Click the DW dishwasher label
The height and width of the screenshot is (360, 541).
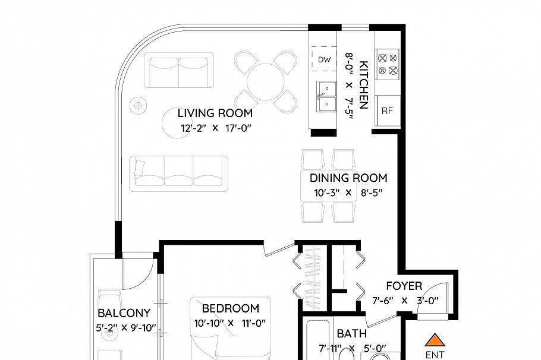tap(324, 59)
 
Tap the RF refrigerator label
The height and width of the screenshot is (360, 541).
tap(387, 111)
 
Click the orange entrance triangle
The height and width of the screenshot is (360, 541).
tap(435, 340)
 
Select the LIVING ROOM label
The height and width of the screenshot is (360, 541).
tap(215, 113)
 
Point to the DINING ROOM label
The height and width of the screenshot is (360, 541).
tap(348, 178)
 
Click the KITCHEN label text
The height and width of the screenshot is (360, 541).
tap(364, 85)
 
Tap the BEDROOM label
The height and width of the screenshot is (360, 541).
tap(231, 308)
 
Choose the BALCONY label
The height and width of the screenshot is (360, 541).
tap(124, 313)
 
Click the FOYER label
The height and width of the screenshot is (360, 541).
tap(404, 286)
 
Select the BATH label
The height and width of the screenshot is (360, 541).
tap(351, 334)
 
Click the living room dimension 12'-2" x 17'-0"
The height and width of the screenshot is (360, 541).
tap(216, 128)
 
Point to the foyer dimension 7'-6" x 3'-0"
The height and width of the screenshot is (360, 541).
tap(405, 301)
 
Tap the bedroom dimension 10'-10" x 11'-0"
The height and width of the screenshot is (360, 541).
tap(230, 323)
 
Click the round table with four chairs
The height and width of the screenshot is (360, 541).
tap(265, 82)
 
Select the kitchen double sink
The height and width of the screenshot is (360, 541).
tap(327, 97)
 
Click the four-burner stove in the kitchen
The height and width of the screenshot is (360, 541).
tap(388, 65)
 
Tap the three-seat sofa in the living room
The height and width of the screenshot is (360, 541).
tap(179, 174)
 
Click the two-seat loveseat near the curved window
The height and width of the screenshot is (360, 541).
tap(179, 70)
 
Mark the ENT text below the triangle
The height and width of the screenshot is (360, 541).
tap(435, 355)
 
